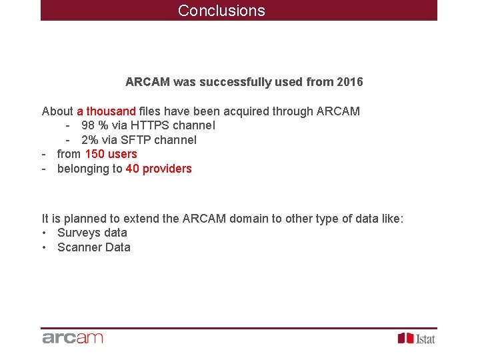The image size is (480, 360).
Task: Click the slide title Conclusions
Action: pos(221,11)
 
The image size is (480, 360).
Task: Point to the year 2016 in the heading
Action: pos(350,82)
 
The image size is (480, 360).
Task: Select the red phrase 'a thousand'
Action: pos(106,111)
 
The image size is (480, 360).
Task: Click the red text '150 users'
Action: pos(111,154)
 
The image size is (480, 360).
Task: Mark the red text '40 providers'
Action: pos(159,169)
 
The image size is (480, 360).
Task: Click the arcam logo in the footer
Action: pos(73,338)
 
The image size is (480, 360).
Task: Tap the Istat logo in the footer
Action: pos(417,339)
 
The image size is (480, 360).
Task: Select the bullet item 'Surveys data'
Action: pos(92,233)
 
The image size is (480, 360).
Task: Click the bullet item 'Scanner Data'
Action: pos(94,247)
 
